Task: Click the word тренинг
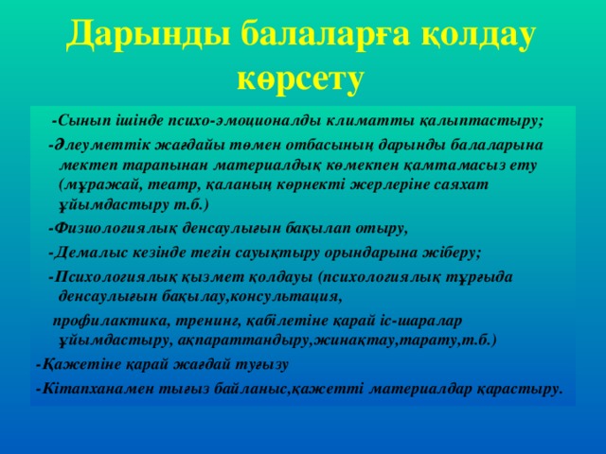tap(206, 319)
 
